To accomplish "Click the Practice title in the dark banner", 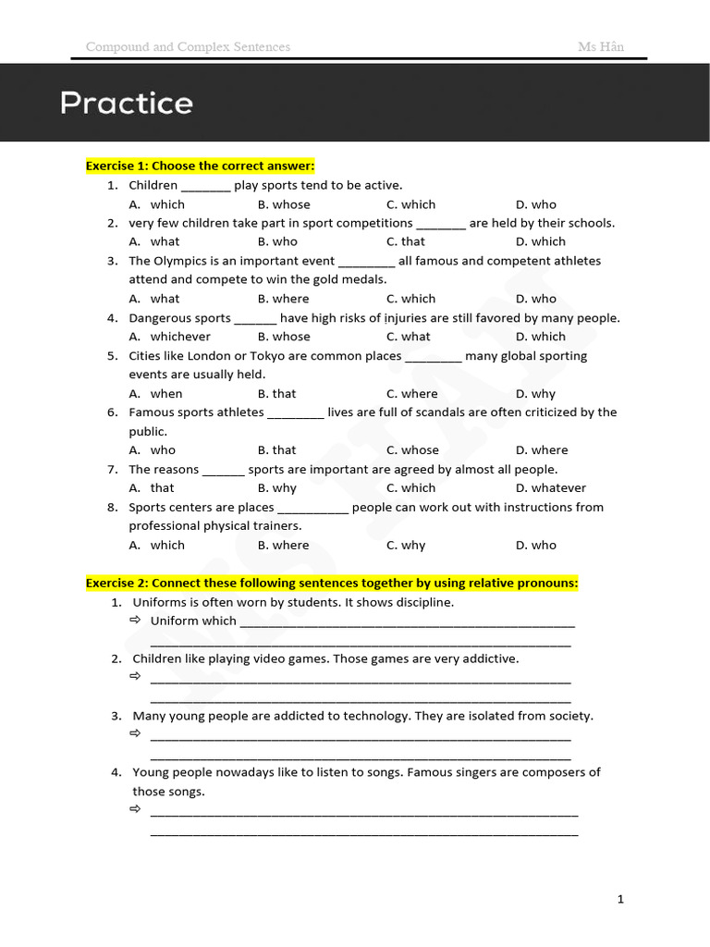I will click(x=127, y=103).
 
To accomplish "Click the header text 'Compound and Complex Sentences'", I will click(x=188, y=46).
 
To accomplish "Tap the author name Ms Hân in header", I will click(x=601, y=46).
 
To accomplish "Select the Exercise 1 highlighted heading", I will click(x=201, y=166).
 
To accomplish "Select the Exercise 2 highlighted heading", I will click(x=332, y=583).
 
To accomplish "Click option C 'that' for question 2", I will click(x=406, y=241).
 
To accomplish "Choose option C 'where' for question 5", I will click(x=411, y=394).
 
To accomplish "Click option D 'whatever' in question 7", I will click(x=550, y=488).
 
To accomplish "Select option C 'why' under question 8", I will click(x=406, y=545).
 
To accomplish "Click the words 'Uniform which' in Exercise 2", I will click(x=193, y=621).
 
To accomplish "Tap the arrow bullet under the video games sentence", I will click(x=135, y=677).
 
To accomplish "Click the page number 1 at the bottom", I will click(x=621, y=898).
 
